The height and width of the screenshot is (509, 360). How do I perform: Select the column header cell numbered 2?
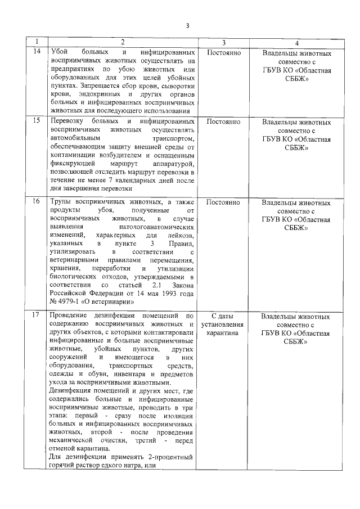(x=122, y=43)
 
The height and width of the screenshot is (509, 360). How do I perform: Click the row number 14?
(x=37, y=52)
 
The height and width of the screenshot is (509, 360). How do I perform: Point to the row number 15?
(x=37, y=121)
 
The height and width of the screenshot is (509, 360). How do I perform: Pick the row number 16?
(x=37, y=202)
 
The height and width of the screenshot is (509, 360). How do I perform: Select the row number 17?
(x=37, y=316)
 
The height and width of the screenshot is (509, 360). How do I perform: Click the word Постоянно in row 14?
(x=224, y=52)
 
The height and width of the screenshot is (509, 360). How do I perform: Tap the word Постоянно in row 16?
(x=224, y=202)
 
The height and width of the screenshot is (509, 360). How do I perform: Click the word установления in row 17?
(x=224, y=325)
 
